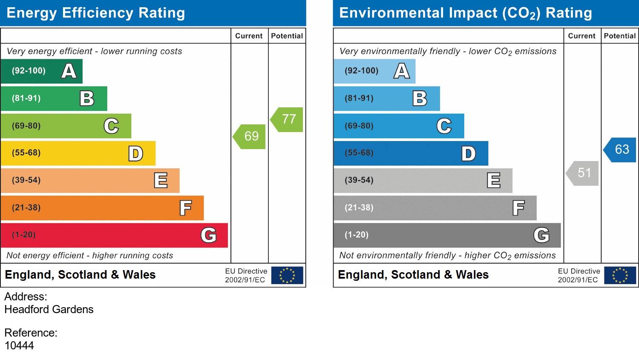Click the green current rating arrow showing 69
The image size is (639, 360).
point(250,136)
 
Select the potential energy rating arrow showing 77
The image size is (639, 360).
point(288,119)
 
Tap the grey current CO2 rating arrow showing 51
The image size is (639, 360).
point(583,173)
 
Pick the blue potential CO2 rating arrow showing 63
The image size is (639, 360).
point(621,150)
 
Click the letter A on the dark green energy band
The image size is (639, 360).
point(69,71)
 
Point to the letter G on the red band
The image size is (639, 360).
point(208,235)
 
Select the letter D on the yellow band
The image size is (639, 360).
point(135,154)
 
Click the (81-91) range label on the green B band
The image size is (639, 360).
point(26,98)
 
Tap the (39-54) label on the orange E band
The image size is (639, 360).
point(26,180)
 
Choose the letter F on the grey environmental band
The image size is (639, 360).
point(518,208)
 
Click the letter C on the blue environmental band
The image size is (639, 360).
point(444,126)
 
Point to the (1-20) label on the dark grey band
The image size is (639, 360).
point(357,235)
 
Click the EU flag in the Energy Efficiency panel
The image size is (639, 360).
point(287,275)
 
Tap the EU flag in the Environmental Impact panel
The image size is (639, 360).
point(620,275)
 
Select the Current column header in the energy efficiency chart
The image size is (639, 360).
point(249,36)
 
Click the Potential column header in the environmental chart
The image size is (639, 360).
point(619,36)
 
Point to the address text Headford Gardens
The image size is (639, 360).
point(49,309)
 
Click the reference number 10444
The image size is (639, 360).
point(19,346)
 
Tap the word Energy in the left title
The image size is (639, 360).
point(32,13)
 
